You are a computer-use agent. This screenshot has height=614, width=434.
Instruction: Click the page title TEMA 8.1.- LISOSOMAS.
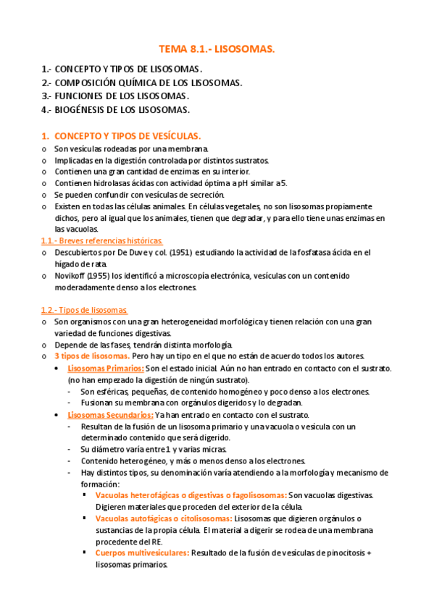point(217,49)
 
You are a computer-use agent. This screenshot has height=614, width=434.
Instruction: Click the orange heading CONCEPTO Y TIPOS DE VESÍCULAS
point(128,136)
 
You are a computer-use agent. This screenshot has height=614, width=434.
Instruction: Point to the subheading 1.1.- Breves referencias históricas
point(102,240)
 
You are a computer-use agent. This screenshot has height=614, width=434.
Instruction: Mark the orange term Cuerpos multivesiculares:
point(142,552)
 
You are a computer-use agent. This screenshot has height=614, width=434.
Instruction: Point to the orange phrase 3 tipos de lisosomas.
point(92,356)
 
